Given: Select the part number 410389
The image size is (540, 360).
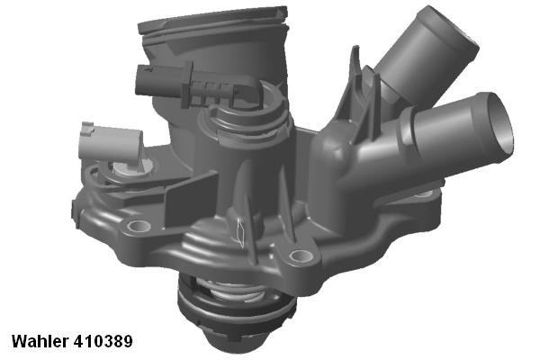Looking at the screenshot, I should coord(103,342).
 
